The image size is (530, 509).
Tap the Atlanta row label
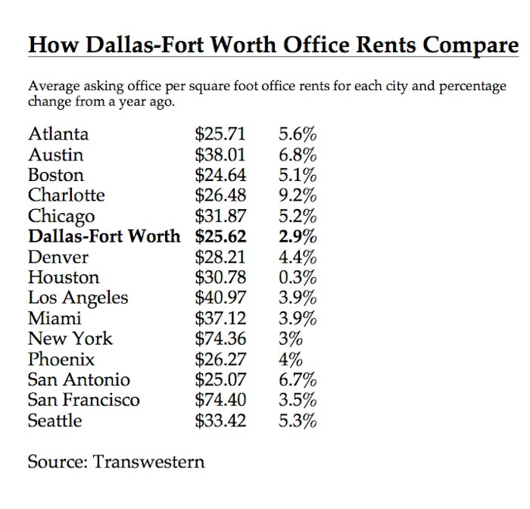[58, 134]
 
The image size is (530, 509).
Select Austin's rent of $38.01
[220, 155]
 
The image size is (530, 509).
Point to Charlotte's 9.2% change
[298, 195]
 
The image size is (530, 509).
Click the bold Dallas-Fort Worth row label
[104, 236]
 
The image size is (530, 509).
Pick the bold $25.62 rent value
[220, 236]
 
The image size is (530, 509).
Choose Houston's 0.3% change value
[298, 277]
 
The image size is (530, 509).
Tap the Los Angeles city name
[78, 298]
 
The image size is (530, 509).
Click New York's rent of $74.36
[220, 339]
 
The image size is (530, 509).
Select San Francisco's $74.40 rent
[220, 400]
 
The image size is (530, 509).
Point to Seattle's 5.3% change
[298, 420]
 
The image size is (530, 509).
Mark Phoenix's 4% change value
[291, 359]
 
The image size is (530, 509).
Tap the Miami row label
[55, 318]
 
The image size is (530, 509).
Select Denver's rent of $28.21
[220, 257]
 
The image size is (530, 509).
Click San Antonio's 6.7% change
[298, 379]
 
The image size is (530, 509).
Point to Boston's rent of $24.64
[220, 175]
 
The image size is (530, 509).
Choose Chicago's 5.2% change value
[298, 216]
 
